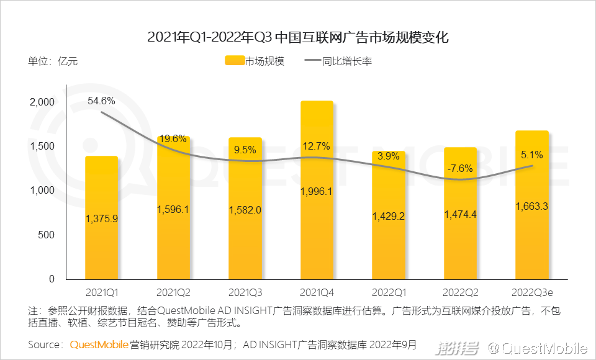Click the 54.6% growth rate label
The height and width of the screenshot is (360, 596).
pos(101,101)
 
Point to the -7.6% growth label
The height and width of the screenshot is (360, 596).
pos(460,168)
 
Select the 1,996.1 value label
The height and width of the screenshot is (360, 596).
pos(317,191)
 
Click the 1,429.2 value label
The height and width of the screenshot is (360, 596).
pos(389,216)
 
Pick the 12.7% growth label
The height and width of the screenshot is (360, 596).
pos(317,146)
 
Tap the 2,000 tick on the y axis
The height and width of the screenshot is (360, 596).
pos(43,102)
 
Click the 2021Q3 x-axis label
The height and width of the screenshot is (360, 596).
pos(245,291)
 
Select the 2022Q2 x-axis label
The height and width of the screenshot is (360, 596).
pos(460,291)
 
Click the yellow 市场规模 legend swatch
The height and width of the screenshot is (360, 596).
pos(233,61)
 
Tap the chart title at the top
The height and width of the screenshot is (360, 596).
pos(298,37)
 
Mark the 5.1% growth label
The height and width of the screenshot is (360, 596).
pos(532,155)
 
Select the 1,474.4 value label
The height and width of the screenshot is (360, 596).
pos(460,214)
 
